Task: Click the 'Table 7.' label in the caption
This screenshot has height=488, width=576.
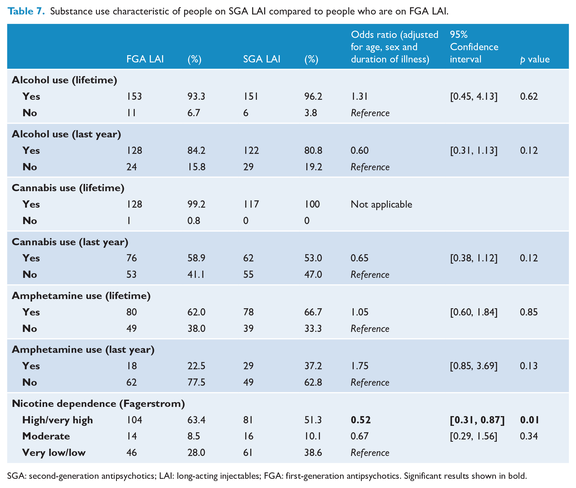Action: [26, 11]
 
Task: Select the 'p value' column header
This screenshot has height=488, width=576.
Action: [535, 59]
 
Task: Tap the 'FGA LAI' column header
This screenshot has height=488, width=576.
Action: [145, 59]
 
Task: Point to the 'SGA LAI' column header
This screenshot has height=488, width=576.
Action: [262, 59]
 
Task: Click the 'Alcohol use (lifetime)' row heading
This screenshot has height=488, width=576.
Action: [64, 80]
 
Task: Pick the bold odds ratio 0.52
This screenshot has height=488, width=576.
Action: [361, 420]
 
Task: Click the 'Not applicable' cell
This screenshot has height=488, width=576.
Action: [381, 205]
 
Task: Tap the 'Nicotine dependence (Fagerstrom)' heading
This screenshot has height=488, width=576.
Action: [98, 404]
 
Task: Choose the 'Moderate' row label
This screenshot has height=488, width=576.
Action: [46, 436]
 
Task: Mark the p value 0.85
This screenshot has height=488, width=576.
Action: [529, 312]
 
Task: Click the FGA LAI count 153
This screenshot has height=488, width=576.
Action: [134, 96]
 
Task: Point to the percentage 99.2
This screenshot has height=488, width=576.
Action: [196, 204]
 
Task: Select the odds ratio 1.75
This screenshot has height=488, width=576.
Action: [360, 366]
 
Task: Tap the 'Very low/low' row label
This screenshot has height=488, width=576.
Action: [54, 453]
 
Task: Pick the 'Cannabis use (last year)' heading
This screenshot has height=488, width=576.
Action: [70, 242]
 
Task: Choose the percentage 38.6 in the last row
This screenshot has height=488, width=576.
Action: [313, 452]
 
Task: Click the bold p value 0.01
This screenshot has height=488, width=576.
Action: [529, 420]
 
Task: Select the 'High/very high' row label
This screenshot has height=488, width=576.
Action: [57, 420]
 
